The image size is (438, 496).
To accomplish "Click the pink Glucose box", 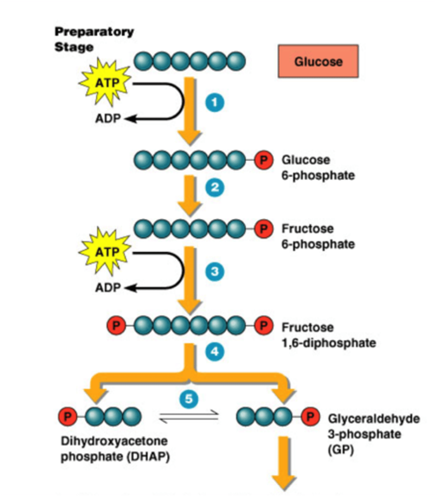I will [318, 62].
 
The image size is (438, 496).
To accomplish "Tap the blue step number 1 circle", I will [215, 103].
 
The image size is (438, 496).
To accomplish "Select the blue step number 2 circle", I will [215, 188].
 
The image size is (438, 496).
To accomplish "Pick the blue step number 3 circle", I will [215, 272].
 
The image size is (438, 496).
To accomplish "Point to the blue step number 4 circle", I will [215, 352].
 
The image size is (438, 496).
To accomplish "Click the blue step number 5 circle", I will [188, 399].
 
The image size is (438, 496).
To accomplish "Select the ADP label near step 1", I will [108, 119].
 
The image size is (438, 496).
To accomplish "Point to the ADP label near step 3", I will [108, 287].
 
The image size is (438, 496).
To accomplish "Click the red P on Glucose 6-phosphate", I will [264, 160].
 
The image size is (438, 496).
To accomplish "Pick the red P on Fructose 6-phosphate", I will [264, 228].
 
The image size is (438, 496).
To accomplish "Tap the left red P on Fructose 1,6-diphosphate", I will [116, 325].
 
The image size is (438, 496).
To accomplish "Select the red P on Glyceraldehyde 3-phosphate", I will [310, 416].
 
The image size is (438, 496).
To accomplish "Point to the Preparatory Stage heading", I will [94, 39].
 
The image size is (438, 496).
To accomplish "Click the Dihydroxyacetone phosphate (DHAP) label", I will [115, 449].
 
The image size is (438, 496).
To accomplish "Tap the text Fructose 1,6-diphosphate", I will [328, 335].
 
